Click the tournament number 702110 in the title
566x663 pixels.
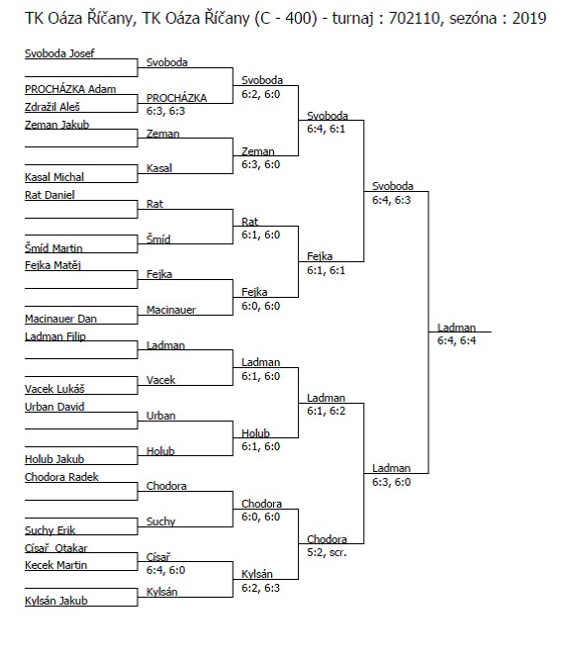(x=414, y=18)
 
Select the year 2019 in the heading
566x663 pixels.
(x=529, y=18)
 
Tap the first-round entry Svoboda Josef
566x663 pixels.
(x=59, y=53)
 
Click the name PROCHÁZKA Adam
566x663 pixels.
(x=70, y=89)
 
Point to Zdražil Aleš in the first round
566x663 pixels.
(x=52, y=107)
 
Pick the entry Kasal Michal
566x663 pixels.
(x=54, y=177)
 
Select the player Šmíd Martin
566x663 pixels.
(x=53, y=248)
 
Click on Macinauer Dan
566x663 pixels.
(x=61, y=319)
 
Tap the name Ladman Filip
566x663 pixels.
(x=55, y=336)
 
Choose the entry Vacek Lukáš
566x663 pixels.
(x=55, y=389)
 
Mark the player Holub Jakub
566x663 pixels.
(x=54, y=459)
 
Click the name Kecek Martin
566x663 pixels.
(x=56, y=565)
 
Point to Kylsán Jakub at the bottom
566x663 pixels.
(x=56, y=601)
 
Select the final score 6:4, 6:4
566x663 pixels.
(x=456, y=340)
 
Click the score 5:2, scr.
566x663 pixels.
(x=327, y=552)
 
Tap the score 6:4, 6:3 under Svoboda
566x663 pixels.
(x=392, y=200)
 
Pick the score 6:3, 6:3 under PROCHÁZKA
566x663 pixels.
(x=165, y=111)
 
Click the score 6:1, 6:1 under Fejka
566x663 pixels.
(x=326, y=270)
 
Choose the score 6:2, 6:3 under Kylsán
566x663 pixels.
(x=261, y=588)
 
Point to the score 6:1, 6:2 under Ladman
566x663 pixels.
(x=326, y=411)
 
